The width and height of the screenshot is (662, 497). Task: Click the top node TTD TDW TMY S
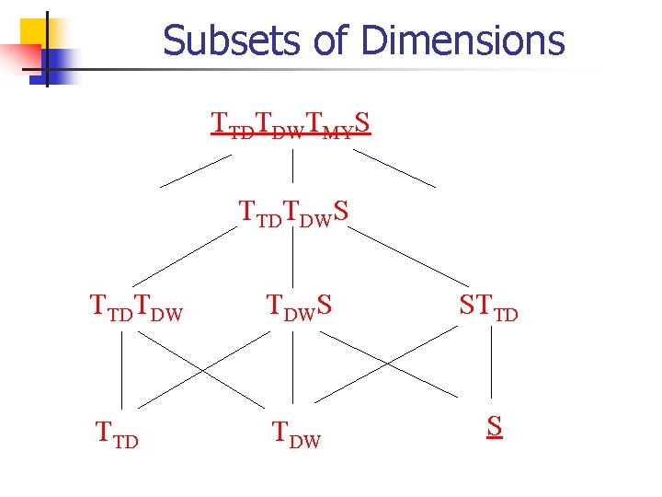tap(291, 123)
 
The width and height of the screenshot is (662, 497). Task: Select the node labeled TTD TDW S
tap(294, 213)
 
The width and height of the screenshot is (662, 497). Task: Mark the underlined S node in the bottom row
tap(495, 427)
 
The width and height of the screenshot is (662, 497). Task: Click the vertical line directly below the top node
tap(292, 166)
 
